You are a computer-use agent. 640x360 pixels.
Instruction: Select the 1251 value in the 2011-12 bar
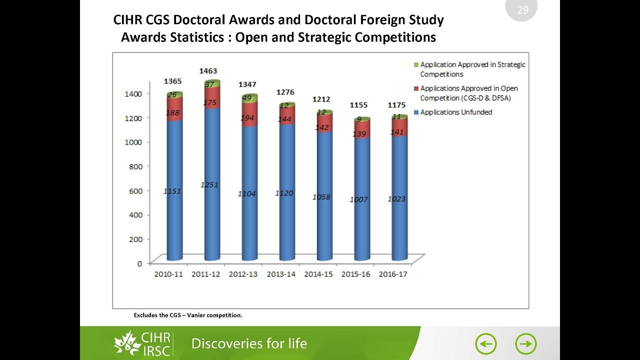click(209, 185)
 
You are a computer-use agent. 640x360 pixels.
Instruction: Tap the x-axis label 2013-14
click(281, 274)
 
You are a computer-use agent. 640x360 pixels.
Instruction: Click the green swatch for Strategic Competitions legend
click(416, 65)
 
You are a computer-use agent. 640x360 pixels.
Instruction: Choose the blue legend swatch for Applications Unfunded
click(416, 112)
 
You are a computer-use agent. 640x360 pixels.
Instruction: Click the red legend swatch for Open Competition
click(416, 88)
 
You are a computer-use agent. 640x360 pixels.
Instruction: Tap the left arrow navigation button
click(485, 344)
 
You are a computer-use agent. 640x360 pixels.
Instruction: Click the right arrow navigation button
click(525, 344)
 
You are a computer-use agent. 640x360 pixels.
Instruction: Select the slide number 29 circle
click(522, 9)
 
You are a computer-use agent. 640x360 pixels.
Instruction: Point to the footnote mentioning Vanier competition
click(187, 315)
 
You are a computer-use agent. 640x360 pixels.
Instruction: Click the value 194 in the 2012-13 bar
click(247, 118)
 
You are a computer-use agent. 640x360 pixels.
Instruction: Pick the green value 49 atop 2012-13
click(246, 98)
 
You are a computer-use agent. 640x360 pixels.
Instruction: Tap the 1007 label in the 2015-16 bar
click(359, 199)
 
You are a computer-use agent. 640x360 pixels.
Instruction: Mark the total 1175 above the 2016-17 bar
click(396, 105)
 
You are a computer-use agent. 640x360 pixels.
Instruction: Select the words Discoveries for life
click(249, 343)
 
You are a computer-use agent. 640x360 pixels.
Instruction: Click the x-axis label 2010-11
click(168, 274)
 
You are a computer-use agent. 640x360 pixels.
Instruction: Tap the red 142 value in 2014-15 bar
click(321, 128)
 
